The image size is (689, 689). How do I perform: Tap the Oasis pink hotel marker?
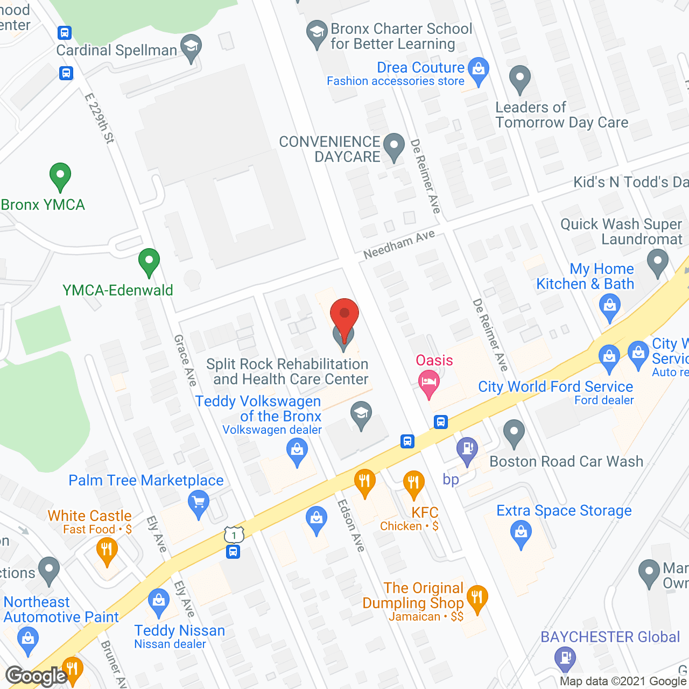tap(429, 383)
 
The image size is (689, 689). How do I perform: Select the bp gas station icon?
tap(467, 449)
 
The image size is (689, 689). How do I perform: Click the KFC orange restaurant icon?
tap(413, 482)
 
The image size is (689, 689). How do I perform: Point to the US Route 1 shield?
tap(234, 535)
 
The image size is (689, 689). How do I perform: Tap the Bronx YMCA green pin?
tap(60, 175)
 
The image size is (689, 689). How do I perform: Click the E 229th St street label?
tap(100, 119)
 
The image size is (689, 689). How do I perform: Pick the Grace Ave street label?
tap(185, 360)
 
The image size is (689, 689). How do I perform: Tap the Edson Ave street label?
tap(351, 525)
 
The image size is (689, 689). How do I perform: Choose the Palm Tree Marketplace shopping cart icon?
tap(199, 503)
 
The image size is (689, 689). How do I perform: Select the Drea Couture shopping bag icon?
tap(478, 69)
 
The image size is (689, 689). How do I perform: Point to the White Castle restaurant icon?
tap(107, 550)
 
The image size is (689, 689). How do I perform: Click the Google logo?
tap(37, 676)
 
